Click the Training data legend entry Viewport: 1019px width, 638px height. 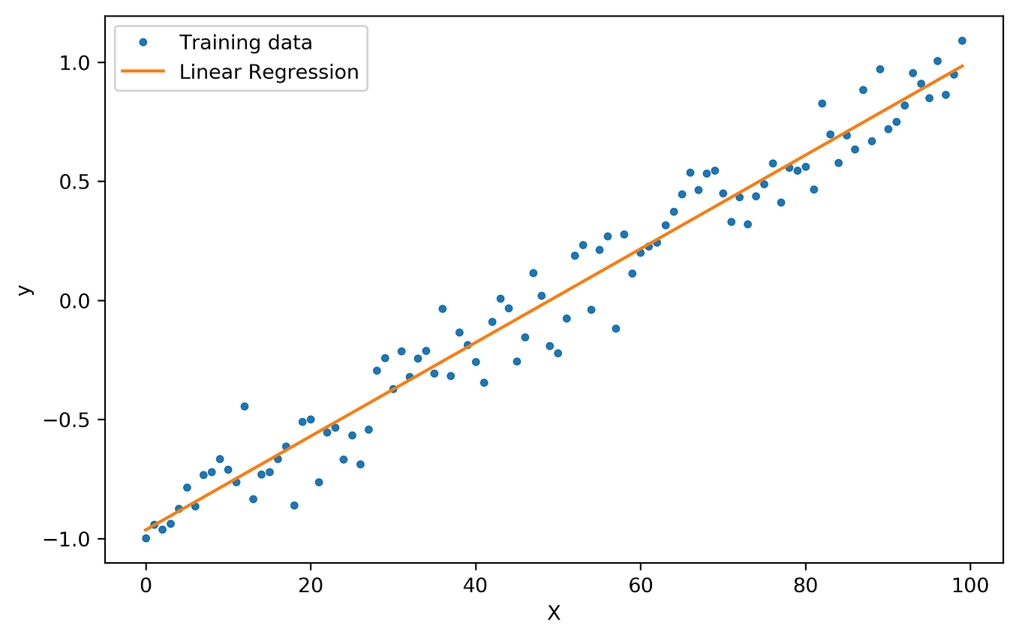(245, 43)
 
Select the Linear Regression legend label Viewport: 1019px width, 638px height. (269, 72)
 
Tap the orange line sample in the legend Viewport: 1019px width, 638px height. (142, 72)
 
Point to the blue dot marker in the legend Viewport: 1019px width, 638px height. (142, 43)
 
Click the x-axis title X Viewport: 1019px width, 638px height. (554, 613)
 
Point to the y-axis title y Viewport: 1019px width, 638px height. (26, 289)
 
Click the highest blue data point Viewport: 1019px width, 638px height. (962, 41)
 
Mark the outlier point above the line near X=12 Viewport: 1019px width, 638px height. (245, 406)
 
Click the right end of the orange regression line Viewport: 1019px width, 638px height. (963, 66)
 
